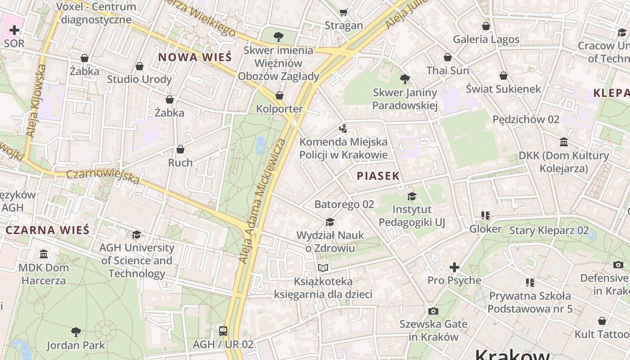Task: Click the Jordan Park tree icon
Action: point(76,332)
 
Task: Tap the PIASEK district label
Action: point(378,176)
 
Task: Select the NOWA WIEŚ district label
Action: point(195,57)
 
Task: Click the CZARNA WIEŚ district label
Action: point(48,230)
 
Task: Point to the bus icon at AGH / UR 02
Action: point(223,331)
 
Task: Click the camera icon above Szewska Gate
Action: point(433,311)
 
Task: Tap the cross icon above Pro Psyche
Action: point(454,267)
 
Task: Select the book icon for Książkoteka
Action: point(323,268)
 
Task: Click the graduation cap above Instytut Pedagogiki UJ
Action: point(412,196)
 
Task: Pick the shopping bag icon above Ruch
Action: point(180,149)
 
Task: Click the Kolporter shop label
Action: point(279,109)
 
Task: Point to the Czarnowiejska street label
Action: point(103,176)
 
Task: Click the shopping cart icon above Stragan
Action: point(344,12)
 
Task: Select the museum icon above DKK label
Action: point(563,142)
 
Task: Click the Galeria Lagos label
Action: point(486,39)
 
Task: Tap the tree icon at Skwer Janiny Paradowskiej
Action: point(405,79)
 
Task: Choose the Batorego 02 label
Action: point(344,204)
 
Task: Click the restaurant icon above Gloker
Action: point(485,216)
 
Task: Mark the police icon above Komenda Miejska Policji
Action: point(343,129)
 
